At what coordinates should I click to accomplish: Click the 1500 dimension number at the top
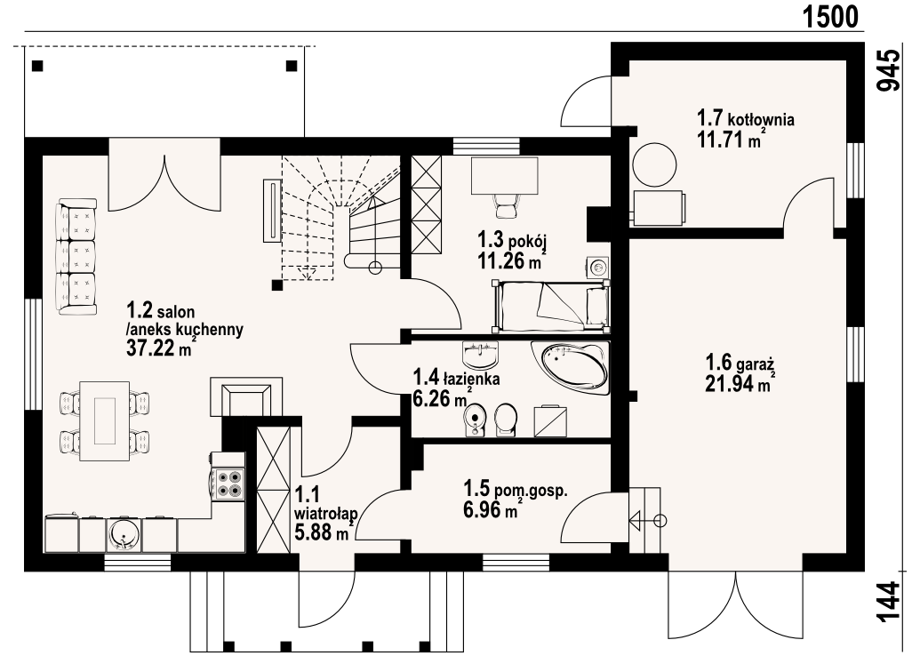(829, 16)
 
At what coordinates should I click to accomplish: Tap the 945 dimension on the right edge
(888, 70)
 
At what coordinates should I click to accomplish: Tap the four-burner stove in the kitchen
(228, 484)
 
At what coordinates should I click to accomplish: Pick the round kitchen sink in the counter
(124, 534)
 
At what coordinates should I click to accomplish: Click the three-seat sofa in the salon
(76, 256)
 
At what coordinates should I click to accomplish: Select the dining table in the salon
(105, 420)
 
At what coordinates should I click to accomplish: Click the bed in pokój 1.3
(551, 304)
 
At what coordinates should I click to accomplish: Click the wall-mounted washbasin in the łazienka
(480, 354)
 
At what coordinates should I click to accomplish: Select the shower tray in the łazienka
(551, 420)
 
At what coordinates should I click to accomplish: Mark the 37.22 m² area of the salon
(161, 348)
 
